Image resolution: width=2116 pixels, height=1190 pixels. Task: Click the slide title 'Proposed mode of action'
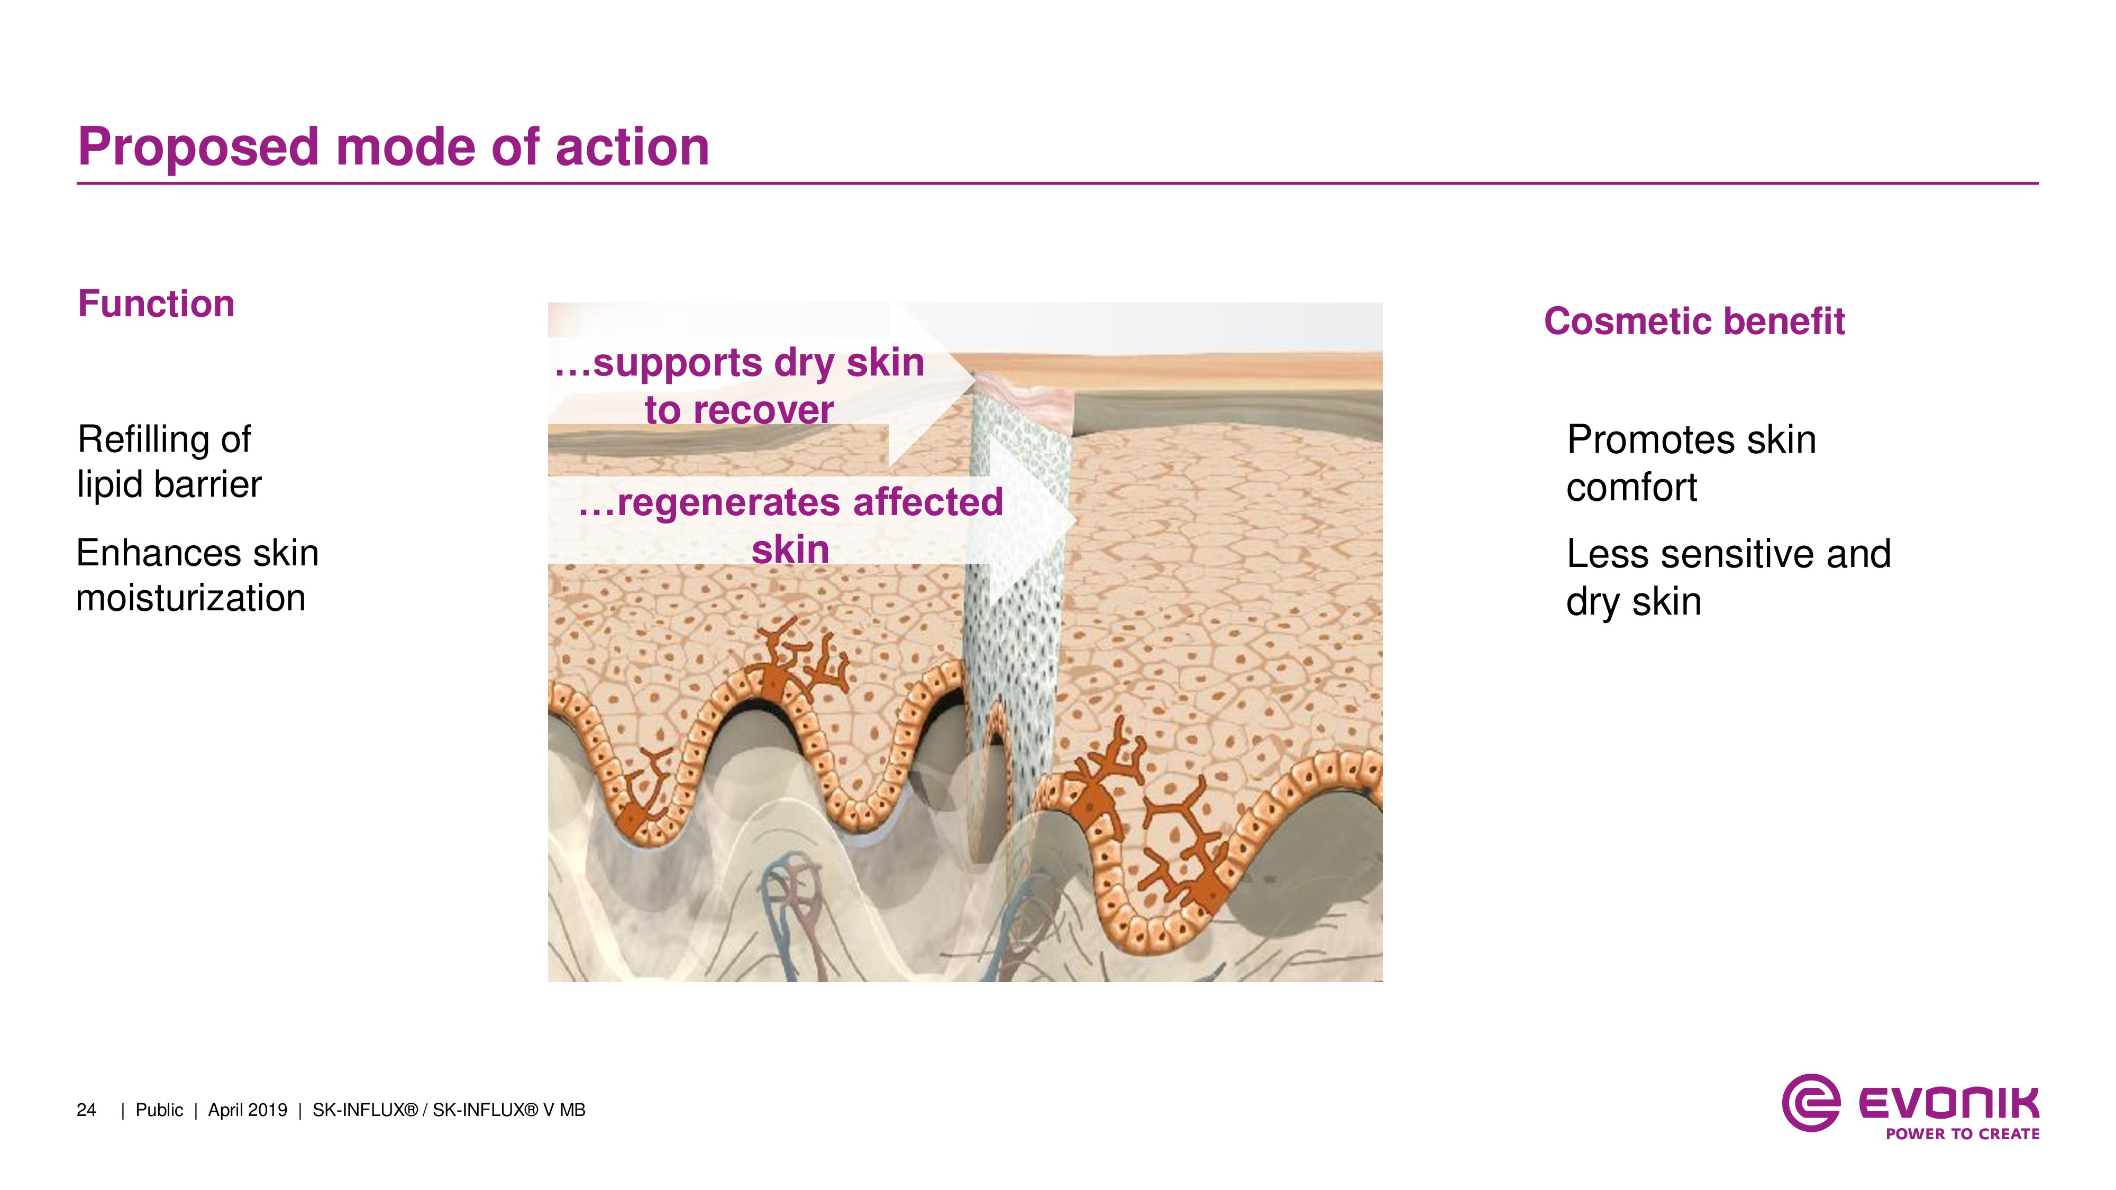394,148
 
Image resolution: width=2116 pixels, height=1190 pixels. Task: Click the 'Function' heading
156,304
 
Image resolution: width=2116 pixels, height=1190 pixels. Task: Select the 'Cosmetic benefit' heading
1694,321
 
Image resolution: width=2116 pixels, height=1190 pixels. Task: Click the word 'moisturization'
190,598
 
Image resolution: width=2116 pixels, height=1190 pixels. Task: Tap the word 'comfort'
1631,488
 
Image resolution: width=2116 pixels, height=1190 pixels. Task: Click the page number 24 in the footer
86,1110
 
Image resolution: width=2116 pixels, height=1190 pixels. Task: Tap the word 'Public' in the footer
159,1110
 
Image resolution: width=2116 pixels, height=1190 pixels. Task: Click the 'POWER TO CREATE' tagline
1963,1134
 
